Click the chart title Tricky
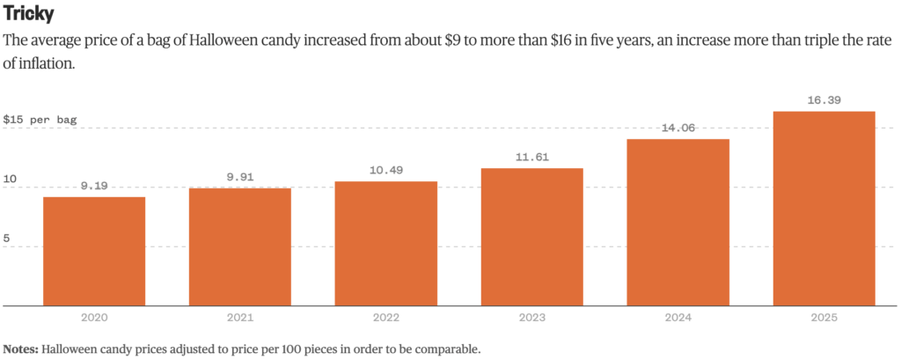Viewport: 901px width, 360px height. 29,15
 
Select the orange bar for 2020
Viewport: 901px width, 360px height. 94,251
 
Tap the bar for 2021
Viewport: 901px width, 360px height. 239,246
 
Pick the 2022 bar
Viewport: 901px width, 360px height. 385,243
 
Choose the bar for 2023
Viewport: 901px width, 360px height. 531,237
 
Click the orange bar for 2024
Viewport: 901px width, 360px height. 678,222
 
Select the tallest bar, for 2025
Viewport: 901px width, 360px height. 824,209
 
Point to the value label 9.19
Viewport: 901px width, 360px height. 94,187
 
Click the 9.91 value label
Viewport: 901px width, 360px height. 239,178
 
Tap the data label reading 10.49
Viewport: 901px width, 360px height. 385,171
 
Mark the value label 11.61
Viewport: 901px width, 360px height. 531,158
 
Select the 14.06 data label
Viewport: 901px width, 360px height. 678,129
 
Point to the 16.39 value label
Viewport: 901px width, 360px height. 824,100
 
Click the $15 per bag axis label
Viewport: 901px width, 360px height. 40,119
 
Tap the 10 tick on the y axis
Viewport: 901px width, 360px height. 10,179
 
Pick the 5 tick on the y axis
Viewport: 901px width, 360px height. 7,238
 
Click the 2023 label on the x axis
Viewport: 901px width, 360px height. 531,318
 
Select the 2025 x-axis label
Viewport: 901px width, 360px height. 824,318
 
